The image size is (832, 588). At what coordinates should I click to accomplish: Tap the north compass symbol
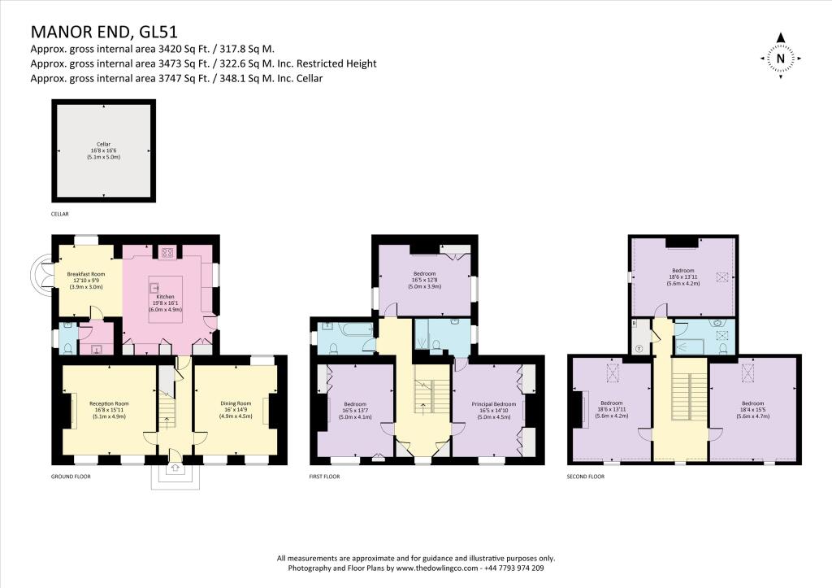click(x=780, y=56)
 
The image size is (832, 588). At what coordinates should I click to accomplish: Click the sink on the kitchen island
click(x=152, y=287)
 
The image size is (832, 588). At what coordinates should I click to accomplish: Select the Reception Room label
click(x=109, y=408)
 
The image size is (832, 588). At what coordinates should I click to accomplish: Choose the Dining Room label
click(x=236, y=408)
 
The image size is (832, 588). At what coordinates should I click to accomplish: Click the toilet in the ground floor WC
click(x=69, y=347)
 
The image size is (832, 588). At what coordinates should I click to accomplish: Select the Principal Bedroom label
click(x=494, y=408)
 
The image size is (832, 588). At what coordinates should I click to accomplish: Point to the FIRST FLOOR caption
click(x=324, y=477)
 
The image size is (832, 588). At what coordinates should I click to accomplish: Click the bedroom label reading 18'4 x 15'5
click(x=752, y=408)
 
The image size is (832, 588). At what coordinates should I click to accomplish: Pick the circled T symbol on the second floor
click(x=639, y=348)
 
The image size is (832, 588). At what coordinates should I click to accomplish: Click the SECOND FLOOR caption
click(x=586, y=477)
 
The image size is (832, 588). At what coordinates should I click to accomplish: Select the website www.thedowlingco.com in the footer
click(x=423, y=568)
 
